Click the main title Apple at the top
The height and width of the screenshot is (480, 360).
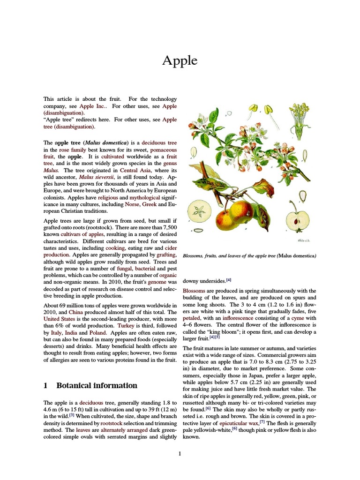180,61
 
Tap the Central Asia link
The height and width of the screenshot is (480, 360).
135,170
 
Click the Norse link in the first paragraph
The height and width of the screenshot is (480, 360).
133,205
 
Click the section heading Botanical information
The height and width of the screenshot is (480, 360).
97,385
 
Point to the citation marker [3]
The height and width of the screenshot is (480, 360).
72,415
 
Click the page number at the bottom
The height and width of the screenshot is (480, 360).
180,453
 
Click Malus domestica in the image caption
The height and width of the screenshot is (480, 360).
297,255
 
